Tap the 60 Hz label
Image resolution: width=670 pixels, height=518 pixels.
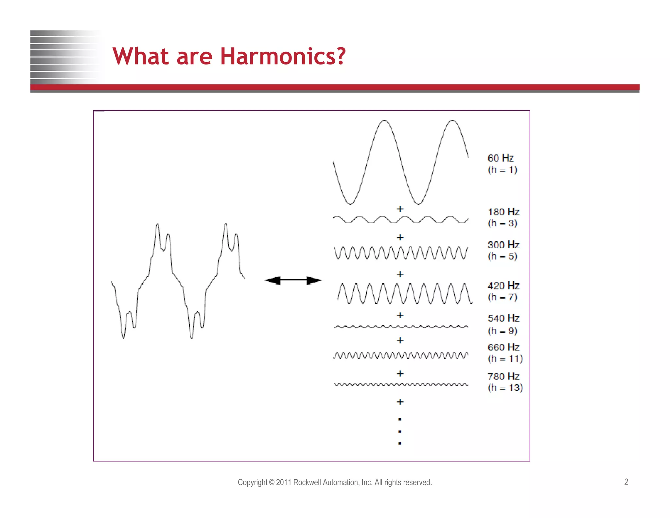[501, 158]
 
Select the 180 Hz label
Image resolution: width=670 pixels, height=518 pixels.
[503, 212]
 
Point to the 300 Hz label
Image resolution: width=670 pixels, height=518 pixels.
[503, 245]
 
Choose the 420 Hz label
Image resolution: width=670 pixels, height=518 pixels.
[503, 286]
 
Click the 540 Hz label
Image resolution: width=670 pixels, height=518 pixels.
[503, 318]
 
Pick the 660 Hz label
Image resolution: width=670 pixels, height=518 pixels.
[503, 347]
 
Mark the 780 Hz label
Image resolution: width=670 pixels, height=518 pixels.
[503, 376]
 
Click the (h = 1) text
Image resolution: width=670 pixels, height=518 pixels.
[502, 170]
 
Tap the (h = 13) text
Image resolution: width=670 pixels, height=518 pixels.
[505, 388]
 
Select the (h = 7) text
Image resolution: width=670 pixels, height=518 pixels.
[502, 297]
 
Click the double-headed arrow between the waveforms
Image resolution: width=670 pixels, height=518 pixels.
[293, 281]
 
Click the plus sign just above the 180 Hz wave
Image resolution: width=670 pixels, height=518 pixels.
[400, 209]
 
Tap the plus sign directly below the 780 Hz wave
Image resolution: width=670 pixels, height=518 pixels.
[400, 402]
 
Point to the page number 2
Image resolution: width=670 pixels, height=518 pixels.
[626, 482]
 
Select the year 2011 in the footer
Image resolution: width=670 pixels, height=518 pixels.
[284, 482]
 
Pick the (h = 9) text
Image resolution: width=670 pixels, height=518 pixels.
[502, 331]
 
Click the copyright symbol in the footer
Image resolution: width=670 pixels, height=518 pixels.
[272, 482]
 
